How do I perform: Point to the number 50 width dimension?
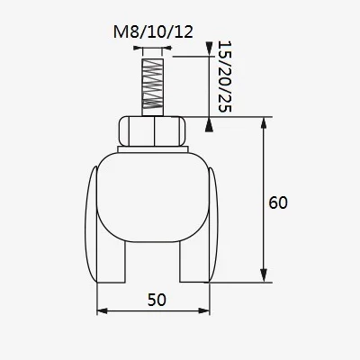[155, 299]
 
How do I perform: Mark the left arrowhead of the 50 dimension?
[101, 311]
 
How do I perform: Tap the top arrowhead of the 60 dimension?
[263, 122]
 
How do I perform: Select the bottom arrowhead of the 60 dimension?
[263, 275]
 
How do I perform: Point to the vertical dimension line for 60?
[263, 180]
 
